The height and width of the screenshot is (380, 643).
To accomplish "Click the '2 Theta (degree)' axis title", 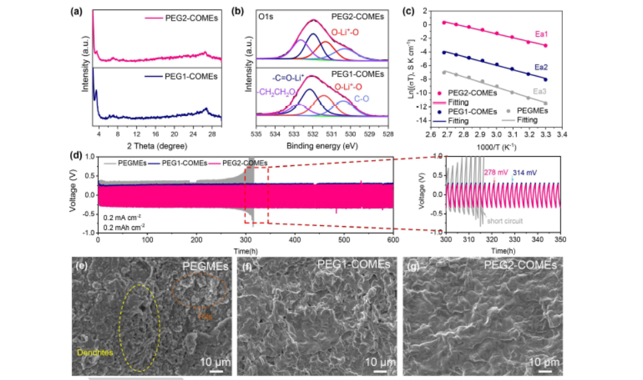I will tap(156, 143).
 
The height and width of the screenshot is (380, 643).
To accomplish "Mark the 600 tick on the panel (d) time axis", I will tap(394, 239).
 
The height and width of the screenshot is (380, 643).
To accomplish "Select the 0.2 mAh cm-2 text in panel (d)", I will tap(125, 227).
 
